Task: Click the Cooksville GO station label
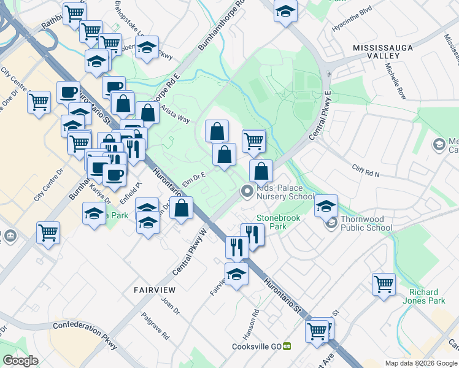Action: [x=256, y=347]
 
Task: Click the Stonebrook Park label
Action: [x=271, y=222]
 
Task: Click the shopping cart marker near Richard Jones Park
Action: [x=384, y=284]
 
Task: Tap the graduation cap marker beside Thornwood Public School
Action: [x=326, y=205]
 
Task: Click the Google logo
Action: [x=20, y=361]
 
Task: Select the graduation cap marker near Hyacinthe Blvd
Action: [x=285, y=11]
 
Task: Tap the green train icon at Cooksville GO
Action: [x=287, y=347]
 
